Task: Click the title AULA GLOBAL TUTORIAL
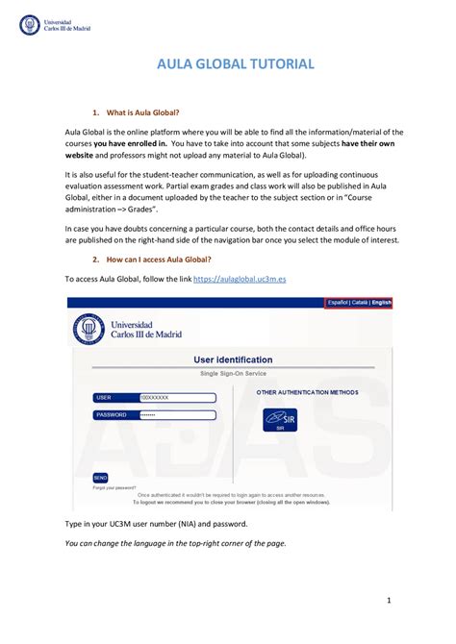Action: (x=235, y=63)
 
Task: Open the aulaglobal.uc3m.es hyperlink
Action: (x=240, y=278)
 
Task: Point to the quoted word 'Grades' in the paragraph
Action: (x=139, y=207)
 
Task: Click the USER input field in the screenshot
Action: (x=173, y=396)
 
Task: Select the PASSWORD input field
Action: (x=173, y=414)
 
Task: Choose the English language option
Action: (x=381, y=302)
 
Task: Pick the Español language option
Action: (x=337, y=302)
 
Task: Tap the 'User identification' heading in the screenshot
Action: (x=233, y=359)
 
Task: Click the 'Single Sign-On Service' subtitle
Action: (x=233, y=372)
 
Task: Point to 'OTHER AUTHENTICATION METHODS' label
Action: (x=307, y=392)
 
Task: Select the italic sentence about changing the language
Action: (x=175, y=543)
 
